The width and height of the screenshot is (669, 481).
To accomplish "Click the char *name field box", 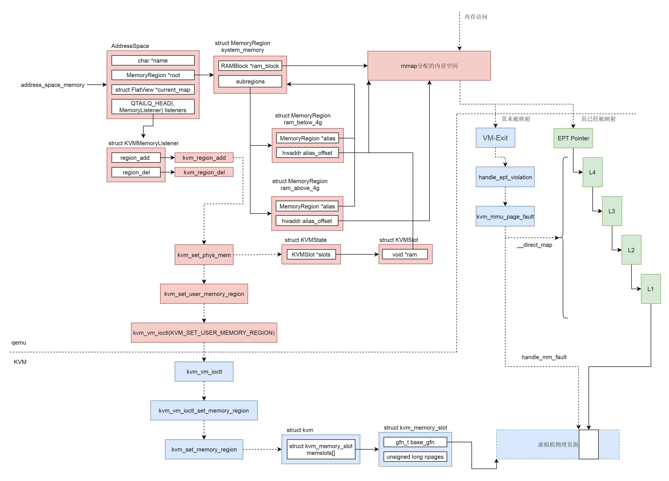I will coord(153,61).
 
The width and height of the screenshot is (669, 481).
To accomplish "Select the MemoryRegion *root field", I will coord(153,75).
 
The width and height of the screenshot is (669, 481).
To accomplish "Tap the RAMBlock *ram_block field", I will coord(250,66).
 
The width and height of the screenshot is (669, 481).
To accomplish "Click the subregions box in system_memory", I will coord(250,82).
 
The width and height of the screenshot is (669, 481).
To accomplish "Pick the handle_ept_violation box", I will coord(505,177).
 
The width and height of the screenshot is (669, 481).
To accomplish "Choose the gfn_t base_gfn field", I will coord(415,442).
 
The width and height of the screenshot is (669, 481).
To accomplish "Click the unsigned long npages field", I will coord(415,457).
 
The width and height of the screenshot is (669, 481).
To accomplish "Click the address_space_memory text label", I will coord(52,85).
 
